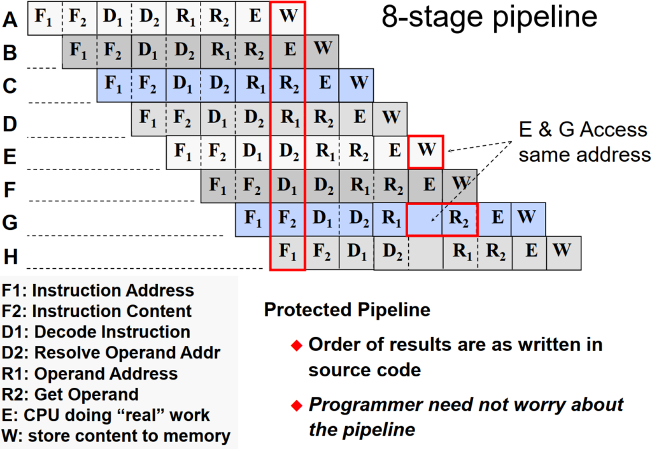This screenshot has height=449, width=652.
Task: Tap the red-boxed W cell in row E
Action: pos(425,152)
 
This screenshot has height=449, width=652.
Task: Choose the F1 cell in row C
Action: pos(114,84)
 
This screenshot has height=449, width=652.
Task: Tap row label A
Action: pos(10,19)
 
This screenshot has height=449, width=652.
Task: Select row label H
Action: pos(11,257)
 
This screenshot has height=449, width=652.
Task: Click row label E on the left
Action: pos(10,156)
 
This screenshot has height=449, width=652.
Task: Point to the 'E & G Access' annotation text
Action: pos(583,131)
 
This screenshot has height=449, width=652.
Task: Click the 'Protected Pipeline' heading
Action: pos(347,310)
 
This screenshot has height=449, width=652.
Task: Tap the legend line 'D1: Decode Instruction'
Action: pos(96,332)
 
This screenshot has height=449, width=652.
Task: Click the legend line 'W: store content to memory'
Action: pos(116,436)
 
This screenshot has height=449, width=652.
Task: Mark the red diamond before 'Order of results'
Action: pos(295,346)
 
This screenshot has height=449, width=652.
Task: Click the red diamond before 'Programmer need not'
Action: pos(295,405)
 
